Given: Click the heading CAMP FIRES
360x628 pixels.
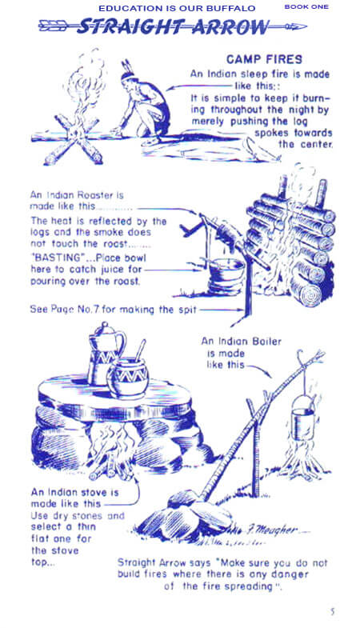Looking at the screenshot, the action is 264,59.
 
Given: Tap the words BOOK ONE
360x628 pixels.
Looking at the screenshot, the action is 306,7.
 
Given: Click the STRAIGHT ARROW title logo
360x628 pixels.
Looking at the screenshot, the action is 173,27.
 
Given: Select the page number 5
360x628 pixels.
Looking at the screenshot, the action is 332,611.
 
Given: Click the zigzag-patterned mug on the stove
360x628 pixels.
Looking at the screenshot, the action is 128,378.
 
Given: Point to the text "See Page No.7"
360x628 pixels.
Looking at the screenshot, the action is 65,310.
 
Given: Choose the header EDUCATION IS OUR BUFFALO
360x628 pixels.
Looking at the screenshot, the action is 177,8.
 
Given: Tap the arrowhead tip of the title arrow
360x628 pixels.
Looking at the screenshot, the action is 306,27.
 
